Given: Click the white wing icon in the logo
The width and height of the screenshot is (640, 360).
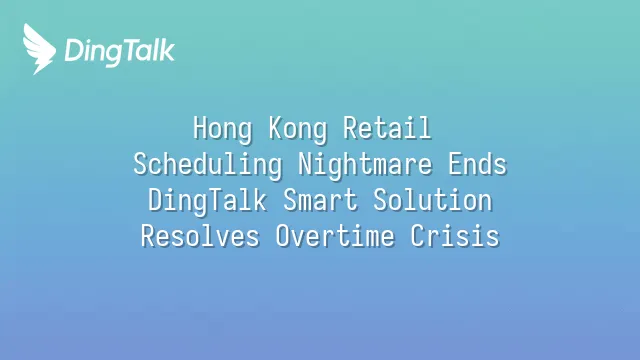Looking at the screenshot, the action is click(39, 49).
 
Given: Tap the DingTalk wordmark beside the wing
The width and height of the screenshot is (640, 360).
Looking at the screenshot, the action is click(120, 52).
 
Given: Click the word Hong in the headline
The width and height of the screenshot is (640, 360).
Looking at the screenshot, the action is click(222, 129).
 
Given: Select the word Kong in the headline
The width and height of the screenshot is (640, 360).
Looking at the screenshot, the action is click(298, 129).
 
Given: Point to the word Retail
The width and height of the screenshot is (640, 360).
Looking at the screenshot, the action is click(387, 128).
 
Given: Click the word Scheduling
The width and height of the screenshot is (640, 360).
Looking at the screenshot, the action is click(208, 165).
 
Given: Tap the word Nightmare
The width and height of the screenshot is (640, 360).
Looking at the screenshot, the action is click(365, 165).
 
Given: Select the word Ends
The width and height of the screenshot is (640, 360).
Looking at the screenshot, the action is click(477, 164).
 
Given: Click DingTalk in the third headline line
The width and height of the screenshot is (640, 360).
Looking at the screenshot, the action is click(207, 201).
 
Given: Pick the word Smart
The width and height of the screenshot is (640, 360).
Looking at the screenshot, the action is click(320, 200).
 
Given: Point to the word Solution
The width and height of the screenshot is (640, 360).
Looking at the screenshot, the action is click(433, 200).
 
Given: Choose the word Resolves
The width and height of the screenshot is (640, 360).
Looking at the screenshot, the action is click(200, 236).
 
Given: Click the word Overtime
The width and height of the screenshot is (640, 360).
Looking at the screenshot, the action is click(335, 236).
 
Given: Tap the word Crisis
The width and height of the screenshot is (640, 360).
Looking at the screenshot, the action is click(455, 236).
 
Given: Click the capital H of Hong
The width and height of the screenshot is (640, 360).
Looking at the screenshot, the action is click(199, 128).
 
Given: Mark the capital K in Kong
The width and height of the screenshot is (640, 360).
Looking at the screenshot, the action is click(276, 128).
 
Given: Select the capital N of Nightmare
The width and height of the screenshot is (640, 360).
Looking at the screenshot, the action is click(305, 164).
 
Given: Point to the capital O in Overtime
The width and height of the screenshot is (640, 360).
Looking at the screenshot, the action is click(282, 236).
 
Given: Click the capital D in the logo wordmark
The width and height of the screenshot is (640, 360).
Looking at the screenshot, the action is click(72, 51).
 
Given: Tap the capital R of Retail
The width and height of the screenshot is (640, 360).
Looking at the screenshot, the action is click(349, 128).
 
